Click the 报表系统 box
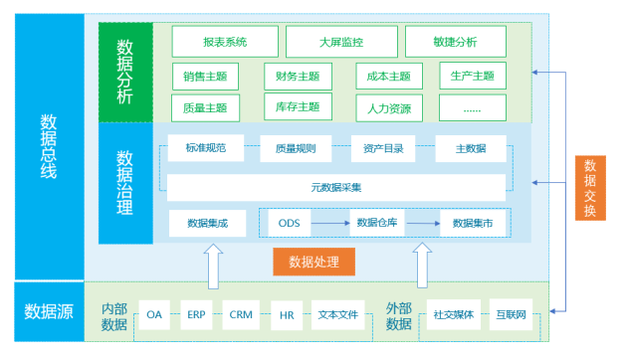click(x=224, y=42)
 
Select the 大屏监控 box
click(x=340, y=42)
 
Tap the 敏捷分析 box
click(x=455, y=42)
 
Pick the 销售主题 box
click(x=205, y=76)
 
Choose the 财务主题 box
click(x=298, y=76)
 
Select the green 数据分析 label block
click(x=125, y=71)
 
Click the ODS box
click(x=289, y=223)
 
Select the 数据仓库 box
click(x=378, y=223)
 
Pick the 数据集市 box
click(x=472, y=223)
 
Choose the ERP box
click(x=196, y=314)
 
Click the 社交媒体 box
click(x=452, y=314)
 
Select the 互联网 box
click(x=515, y=314)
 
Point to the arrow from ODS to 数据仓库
click(x=330, y=223)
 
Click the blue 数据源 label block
click(x=49, y=311)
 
